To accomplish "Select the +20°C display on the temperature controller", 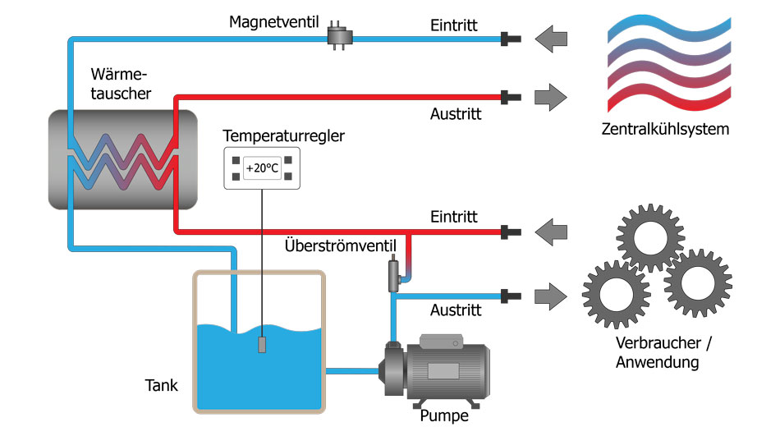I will click(x=263, y=169).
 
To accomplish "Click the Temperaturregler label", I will click(x=284, y=135).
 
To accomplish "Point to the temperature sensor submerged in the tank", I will click(x=263, y=344).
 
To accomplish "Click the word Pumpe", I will click(x=443, y=415).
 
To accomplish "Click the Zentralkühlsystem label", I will click(x=665, y=129).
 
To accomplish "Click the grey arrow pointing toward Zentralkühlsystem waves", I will click(x=550, y=97).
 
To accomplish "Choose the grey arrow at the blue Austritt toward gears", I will click(x=550, y=293).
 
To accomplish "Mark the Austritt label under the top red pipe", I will click(x=456, y=114).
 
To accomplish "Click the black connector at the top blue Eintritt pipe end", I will click(x=512, y=37).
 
